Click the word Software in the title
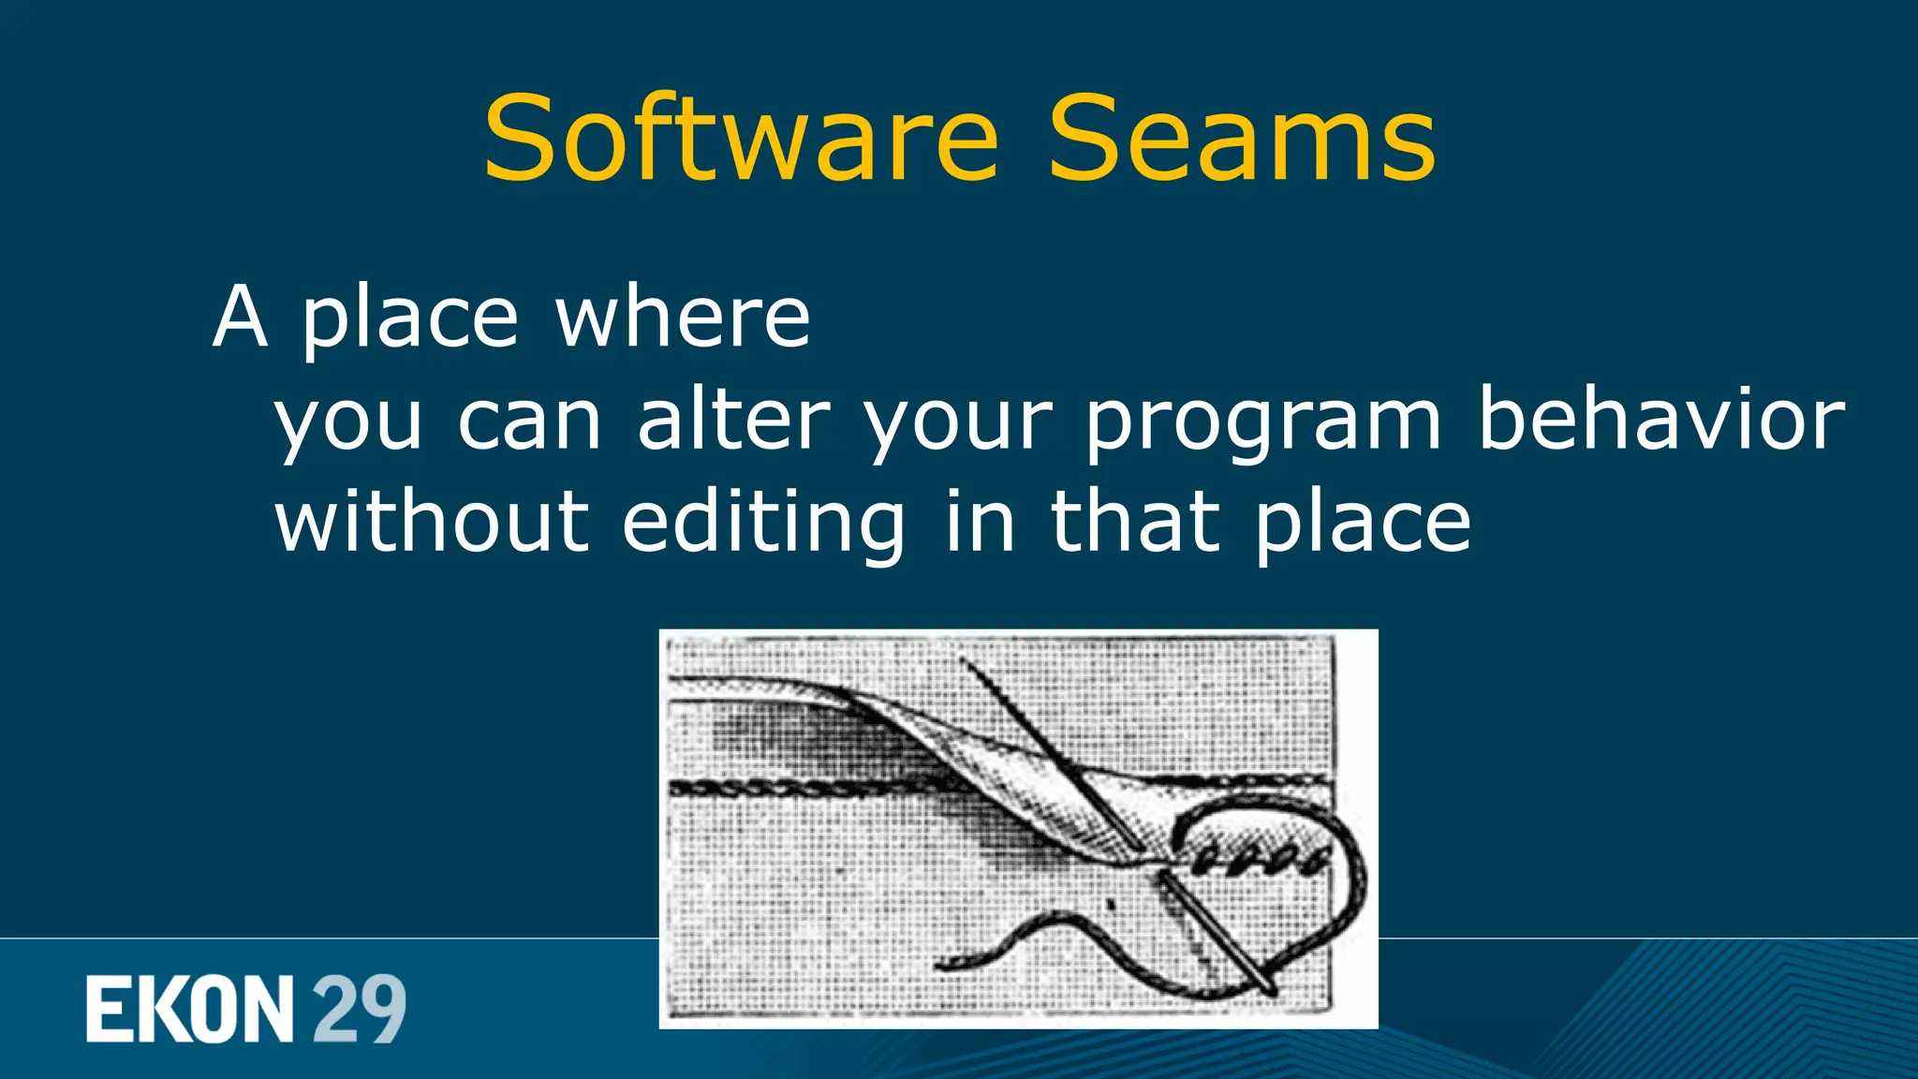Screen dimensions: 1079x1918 pos(740,140)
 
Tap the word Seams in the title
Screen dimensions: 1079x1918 pos(1241,140)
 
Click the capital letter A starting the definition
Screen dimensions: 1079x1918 pos(241,318)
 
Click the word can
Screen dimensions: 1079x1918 pos(529,421)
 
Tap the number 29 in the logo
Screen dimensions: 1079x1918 pos(359,1009)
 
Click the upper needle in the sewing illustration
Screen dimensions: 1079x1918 pos(1049,749)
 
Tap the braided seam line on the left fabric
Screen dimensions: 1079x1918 pos(796,789)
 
